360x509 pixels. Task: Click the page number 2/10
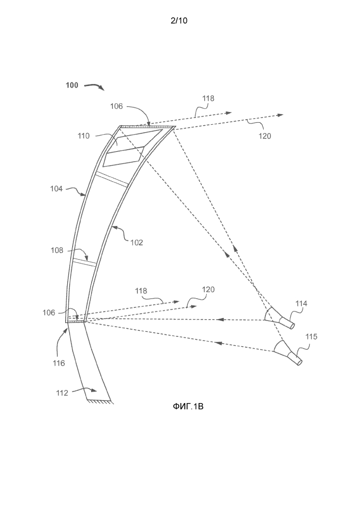pos(180,21)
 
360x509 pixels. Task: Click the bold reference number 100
pos(72,85)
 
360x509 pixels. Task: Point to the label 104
pos(57,188)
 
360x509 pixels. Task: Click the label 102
pos(135,242)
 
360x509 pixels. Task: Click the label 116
pos(60,363)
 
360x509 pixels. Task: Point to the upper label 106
pos(117,106)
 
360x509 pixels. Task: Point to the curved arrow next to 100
pos(94,87)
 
